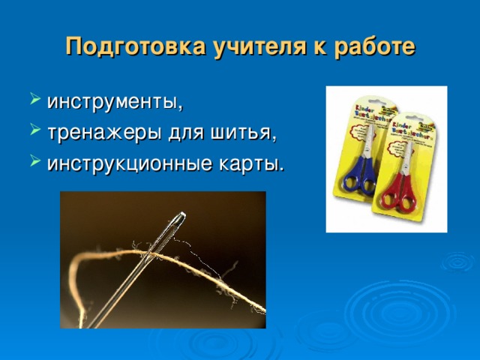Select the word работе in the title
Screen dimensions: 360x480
(x=370, y=46)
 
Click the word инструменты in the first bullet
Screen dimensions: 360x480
(x=114, y=100)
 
